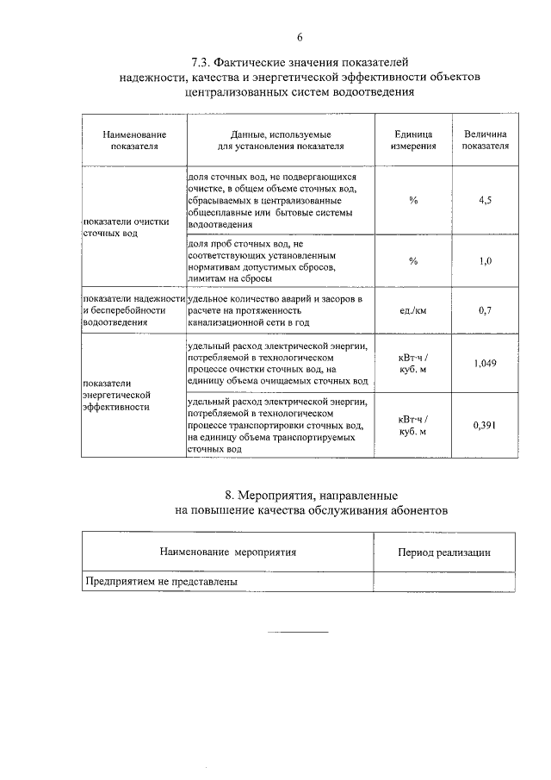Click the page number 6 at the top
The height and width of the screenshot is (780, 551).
pos(300,37)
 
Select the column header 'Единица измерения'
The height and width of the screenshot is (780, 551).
pos(412,140)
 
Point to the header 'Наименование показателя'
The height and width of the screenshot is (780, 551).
pos(134,140)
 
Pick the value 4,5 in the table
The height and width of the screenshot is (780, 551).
pos(485,200)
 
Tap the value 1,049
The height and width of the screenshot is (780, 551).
pos(485,364)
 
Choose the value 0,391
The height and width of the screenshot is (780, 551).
pos(485,425)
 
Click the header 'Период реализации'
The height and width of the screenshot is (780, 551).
pos(444,552)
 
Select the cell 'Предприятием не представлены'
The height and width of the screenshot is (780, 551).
pos(160,581)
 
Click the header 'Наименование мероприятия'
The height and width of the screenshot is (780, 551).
pos(228,552)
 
